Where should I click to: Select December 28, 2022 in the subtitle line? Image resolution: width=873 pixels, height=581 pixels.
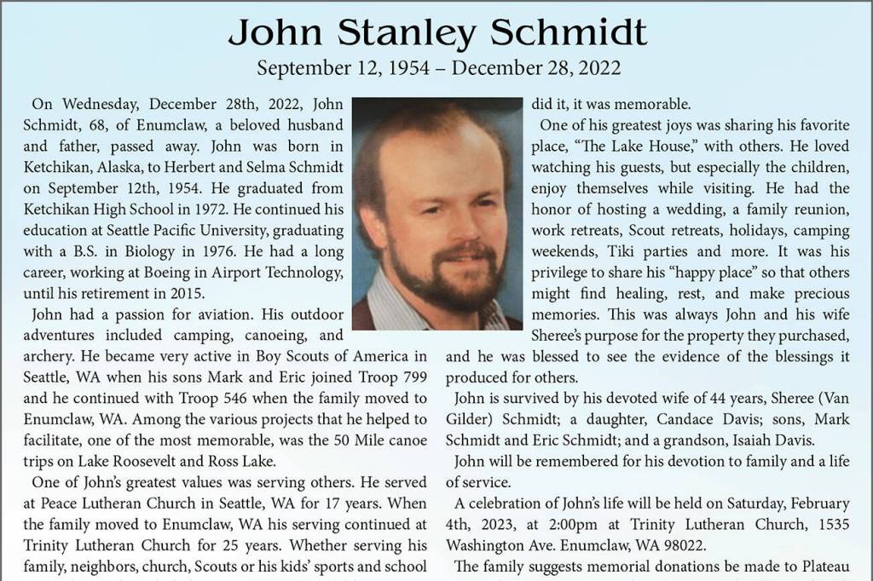click(536, 67)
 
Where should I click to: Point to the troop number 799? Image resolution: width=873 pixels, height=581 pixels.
click(416, 374)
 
